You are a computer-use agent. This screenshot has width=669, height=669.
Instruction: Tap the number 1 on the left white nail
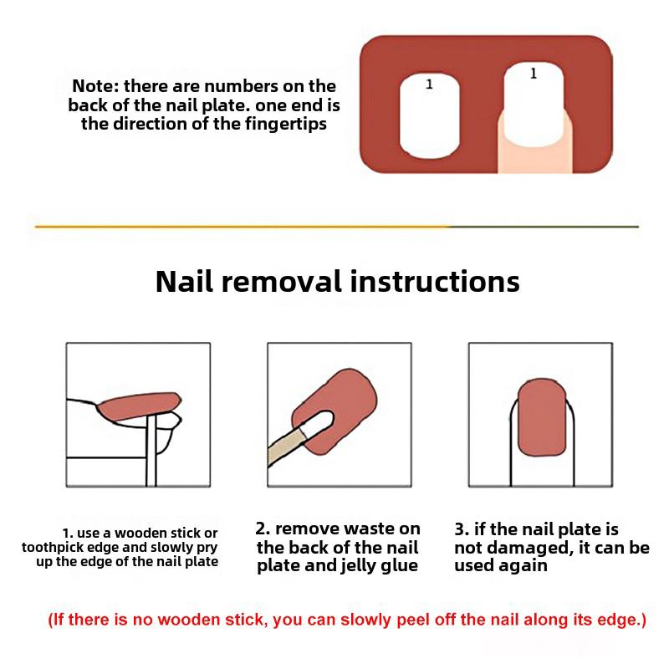pyautogui.click(x=429, y=84)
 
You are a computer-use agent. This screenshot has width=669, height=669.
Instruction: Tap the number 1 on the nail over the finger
pyautogui.click(x=534, y=74)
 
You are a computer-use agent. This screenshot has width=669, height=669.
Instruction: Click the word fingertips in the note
pyautogui.click(x=285, y=124)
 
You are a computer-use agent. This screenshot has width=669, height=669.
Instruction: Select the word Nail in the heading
pyautogui.click(x=184, y=282)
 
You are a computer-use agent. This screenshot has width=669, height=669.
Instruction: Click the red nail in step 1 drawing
pyautogui.click(x=139, y=406)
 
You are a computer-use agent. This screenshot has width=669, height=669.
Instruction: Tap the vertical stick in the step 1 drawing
pyautogui.click(x=151, y=452)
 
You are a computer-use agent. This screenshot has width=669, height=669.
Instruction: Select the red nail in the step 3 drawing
pyautogui.click(x=542, y=417)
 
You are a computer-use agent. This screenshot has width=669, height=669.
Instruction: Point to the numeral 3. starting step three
pyautogui.click(x=462, y=529)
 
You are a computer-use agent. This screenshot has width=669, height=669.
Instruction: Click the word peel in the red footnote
pyautogui.click(x=412, y=620)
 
